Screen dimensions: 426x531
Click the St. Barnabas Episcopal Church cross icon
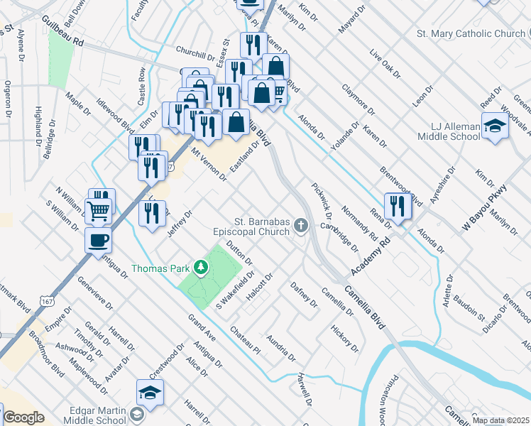(301, 226)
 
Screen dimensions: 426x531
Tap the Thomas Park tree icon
(201, 268)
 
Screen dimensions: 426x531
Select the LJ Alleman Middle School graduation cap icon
(495, 126)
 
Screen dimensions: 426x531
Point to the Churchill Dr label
(195, 55)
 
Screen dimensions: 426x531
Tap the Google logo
(23, 417)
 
